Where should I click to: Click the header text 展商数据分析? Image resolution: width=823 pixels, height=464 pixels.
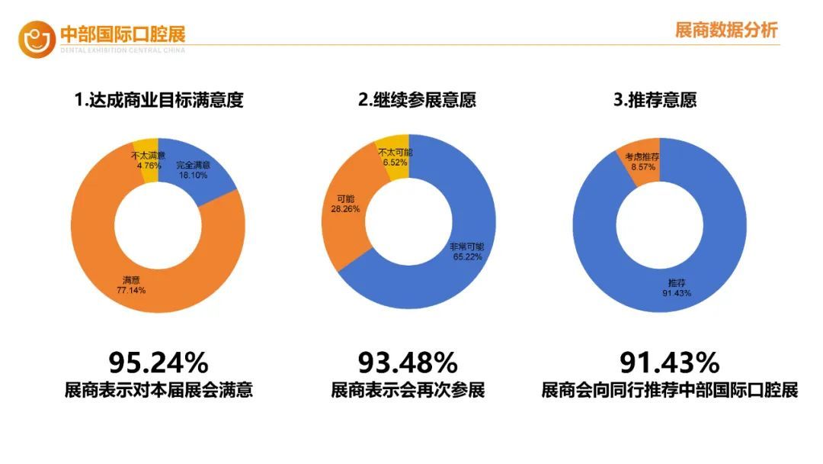[x=725, y=31]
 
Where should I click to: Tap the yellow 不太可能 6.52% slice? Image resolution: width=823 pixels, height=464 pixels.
[x=395, y=158]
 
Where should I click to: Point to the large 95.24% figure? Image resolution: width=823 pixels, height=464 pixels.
[x=159, y=360]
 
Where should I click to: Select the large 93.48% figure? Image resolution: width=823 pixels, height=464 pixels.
[x=408, y=360]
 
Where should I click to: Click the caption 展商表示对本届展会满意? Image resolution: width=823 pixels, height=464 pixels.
[x=159, y=391]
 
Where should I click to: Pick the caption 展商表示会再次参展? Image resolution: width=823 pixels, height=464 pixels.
[x=408, y=391]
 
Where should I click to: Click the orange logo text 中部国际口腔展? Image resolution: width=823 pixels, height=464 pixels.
[x=123, y=34]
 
